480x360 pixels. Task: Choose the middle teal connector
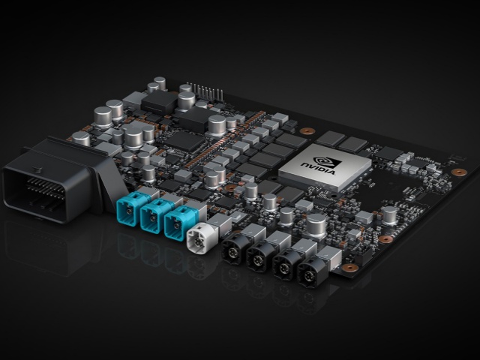point(152,216)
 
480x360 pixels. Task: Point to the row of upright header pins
point(205,91)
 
